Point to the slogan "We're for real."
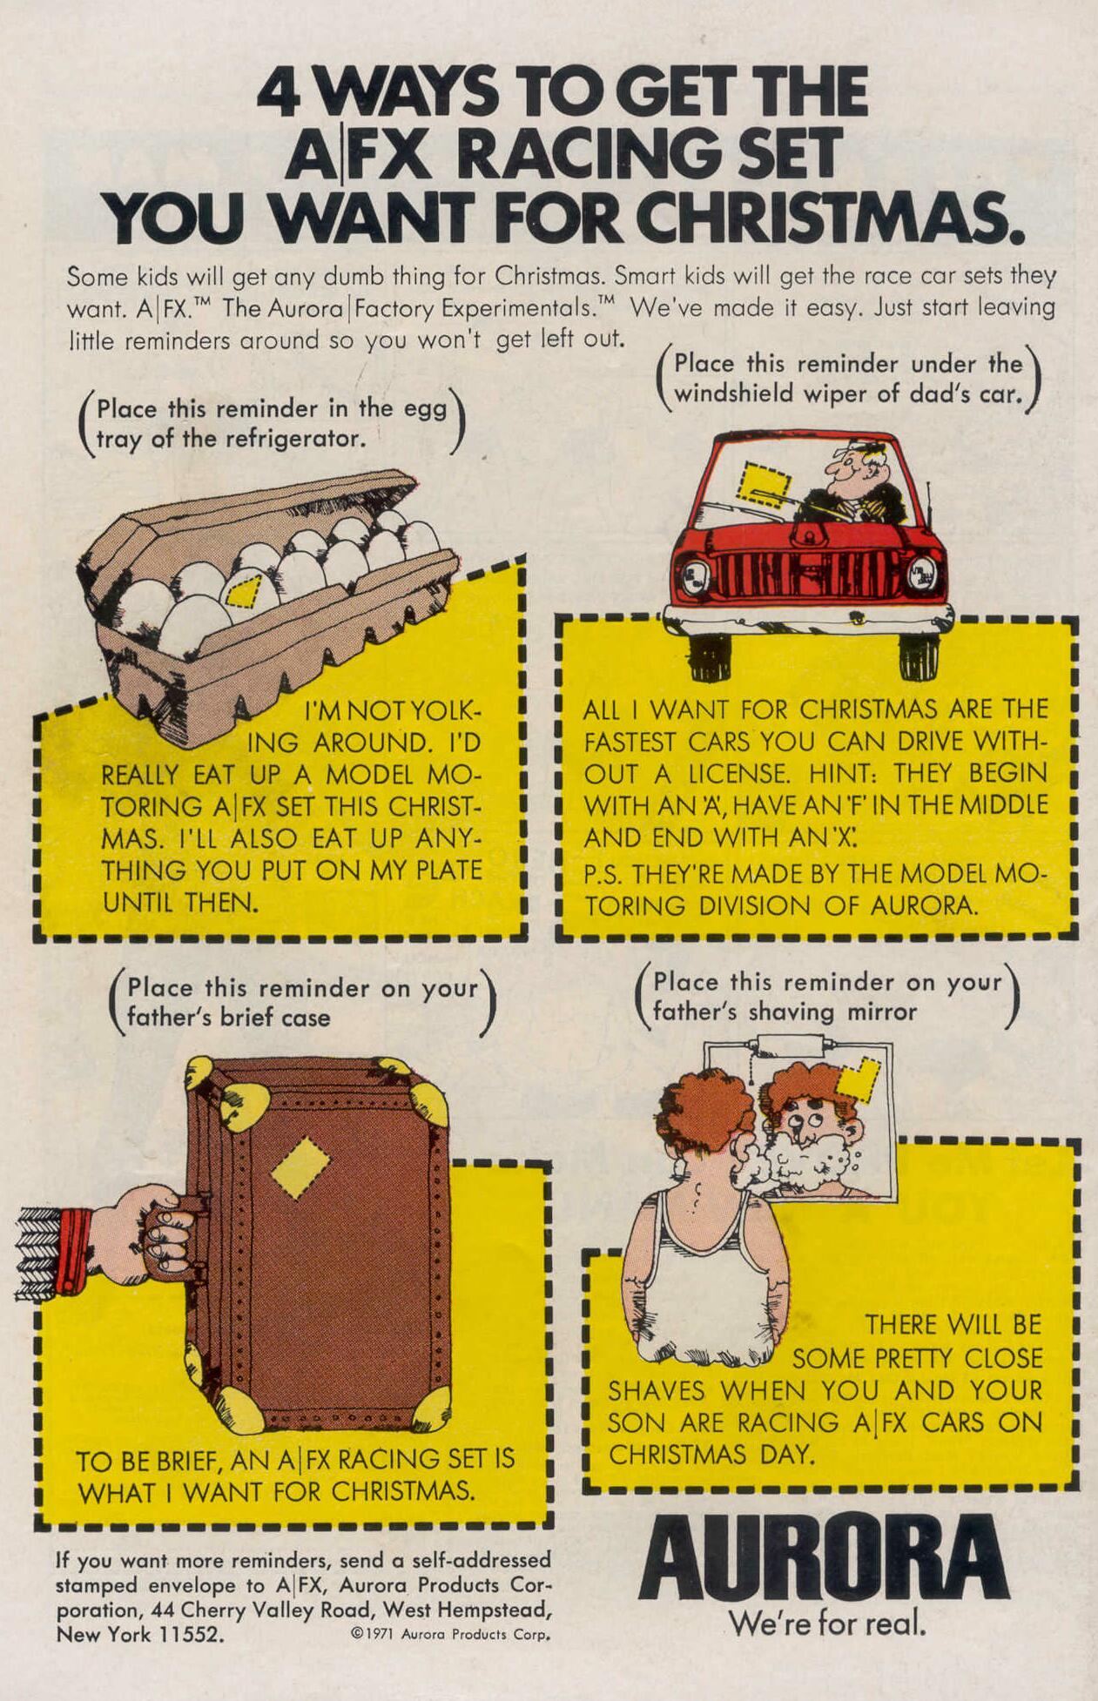coord(827,1624)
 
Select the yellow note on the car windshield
coord(763,484)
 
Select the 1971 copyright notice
coord(450,1634)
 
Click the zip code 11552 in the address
coord(187,1634)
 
